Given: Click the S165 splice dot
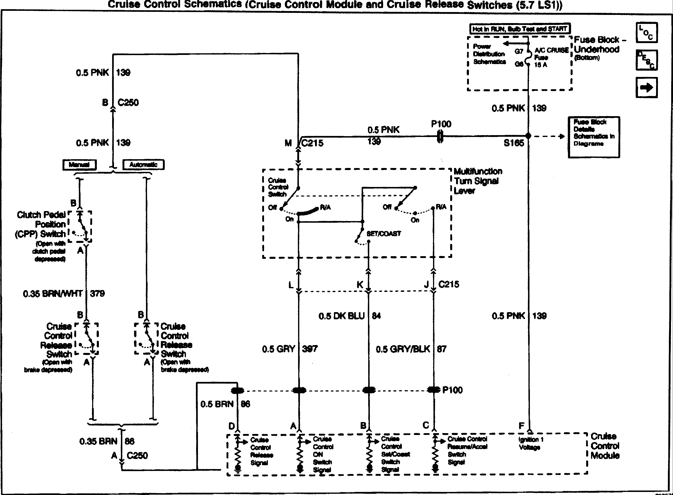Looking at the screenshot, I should tap(528, 136).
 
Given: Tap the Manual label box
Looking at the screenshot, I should tap(79, 165).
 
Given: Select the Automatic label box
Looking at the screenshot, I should tap(143, 165).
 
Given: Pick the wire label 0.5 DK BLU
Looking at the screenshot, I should tap(341, 316).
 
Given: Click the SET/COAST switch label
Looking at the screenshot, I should tap(384, 234).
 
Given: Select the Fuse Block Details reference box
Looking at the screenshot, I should tap(594, 137).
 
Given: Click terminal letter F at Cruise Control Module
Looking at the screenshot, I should tap(521, 426).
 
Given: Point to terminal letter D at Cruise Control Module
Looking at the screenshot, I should tap(232, 426).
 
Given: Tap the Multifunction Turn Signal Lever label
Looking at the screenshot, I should tap(478, 181).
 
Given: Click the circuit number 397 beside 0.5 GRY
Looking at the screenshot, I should tap(310, 349).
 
